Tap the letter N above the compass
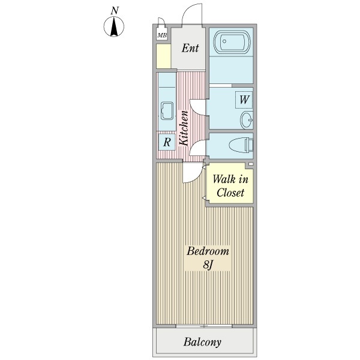coord(114,11)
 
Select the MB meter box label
coord(162,35)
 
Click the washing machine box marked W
coord(244,100)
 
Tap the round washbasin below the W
coord(247,121)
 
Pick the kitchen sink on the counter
coord(166,110)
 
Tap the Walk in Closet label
coord(230,185)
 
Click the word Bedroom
coord(208,251)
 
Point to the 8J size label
coord(207,265)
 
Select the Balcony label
coord(202,343)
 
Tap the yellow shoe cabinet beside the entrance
coord(163,55)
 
